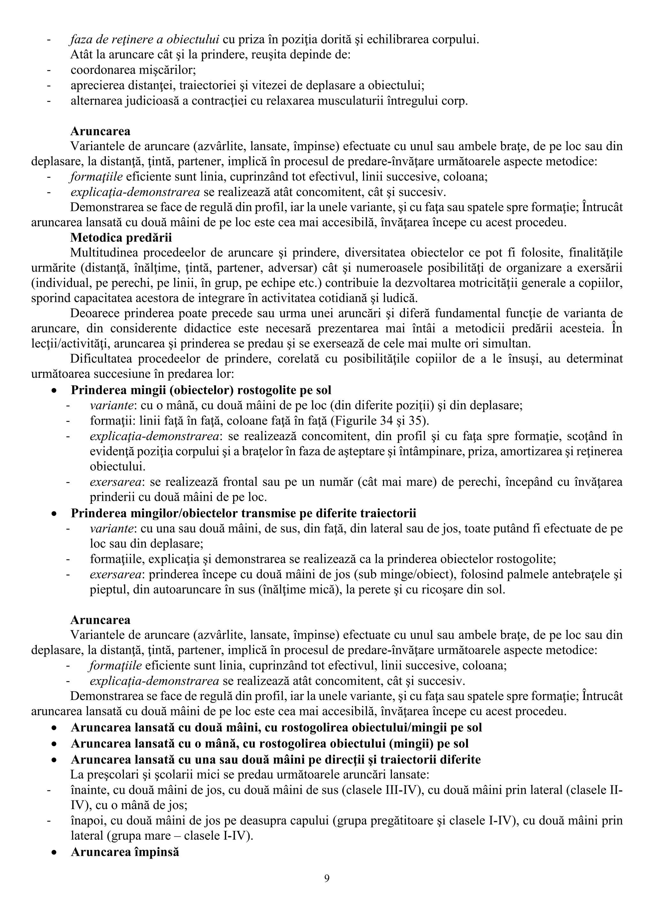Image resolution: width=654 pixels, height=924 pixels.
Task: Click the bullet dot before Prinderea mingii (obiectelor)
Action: pos(54,391)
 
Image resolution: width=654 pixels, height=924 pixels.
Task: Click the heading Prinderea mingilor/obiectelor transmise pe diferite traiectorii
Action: pos(243,513)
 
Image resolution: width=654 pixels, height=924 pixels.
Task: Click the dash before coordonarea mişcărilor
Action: pos(49,70)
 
